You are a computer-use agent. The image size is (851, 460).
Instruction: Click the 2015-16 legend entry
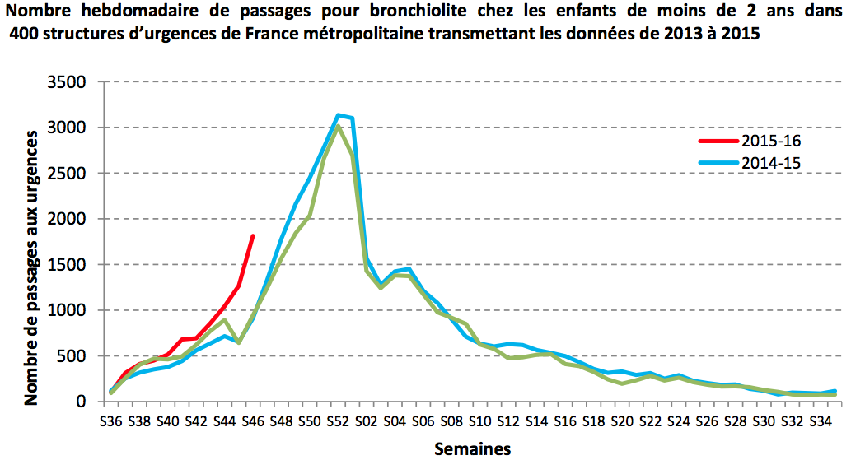pos(769,141)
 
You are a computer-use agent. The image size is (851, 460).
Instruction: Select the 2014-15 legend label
pos(769,163)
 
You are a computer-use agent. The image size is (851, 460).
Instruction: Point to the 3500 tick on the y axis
pos(68,82)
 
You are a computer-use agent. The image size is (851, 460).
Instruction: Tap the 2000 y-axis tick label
pos(68,220)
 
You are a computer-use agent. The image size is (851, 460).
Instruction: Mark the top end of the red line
pos(252,236)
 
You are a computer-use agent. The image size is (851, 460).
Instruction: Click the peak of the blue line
pos(338,115)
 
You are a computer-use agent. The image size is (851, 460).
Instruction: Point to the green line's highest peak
pos(338,126)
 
